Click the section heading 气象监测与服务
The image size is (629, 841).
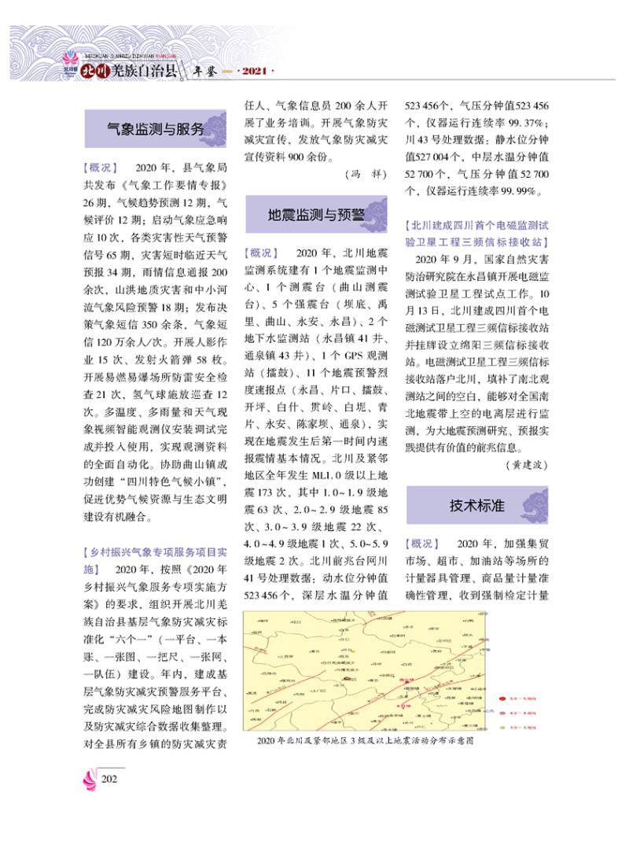click(x=155, y=129)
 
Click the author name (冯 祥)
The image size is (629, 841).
click(x=366, y=173)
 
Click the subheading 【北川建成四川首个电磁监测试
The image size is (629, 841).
click(x=477, y=225)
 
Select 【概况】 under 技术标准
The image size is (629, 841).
click(x=422, y=544)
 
